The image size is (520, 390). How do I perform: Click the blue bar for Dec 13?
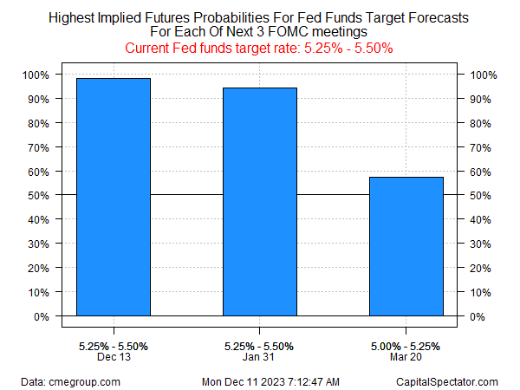pyautogui.click(x=114, y=197)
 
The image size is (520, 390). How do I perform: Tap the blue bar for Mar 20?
pyautogui.click(x=406, y=246)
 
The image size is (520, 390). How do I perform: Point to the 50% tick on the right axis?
pyautogui.click(x=484, y=196)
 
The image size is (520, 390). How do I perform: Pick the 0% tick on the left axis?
pyautogui.click(x=42, y=316)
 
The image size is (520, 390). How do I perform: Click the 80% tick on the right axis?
pyautogui.click(x=484, y=123)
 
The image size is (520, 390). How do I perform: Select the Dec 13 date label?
pyautogui.click(x=114, y=357)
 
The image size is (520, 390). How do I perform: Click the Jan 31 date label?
pyautogui.click(x=260, y=357)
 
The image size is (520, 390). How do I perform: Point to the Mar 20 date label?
pyautogui.click(x=406, y=357)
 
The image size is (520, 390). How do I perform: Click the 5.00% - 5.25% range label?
pyautogui.click(x=406, y=346)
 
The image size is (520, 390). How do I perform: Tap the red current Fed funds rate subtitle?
pyautogui.click(x=260, y=48)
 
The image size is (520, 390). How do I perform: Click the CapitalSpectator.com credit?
pyautogui.click(x=449, y=381)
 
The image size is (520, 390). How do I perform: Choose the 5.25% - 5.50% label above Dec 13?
pyautogui.click(x=114, y=346)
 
